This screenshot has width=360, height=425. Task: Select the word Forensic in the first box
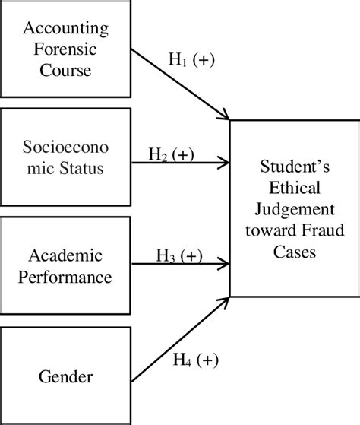pyautogui.click(x=65, y=50)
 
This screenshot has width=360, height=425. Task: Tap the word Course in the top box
pyautogui.click(x=65, y=71)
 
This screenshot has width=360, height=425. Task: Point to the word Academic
pyautogui.click(x=65, y=253)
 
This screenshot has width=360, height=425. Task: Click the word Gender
pyautogui.click(x=65, y=376)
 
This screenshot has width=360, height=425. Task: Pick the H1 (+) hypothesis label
pyautogui.click(x=190, y=61)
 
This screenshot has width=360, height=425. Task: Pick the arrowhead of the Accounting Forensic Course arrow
pyautogui.click(x=226, y=116)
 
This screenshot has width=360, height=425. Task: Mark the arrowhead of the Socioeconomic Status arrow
pyautogui.click(x=225, y=162)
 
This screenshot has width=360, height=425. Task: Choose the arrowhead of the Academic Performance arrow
pyautogui.click(x=225, y=264)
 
